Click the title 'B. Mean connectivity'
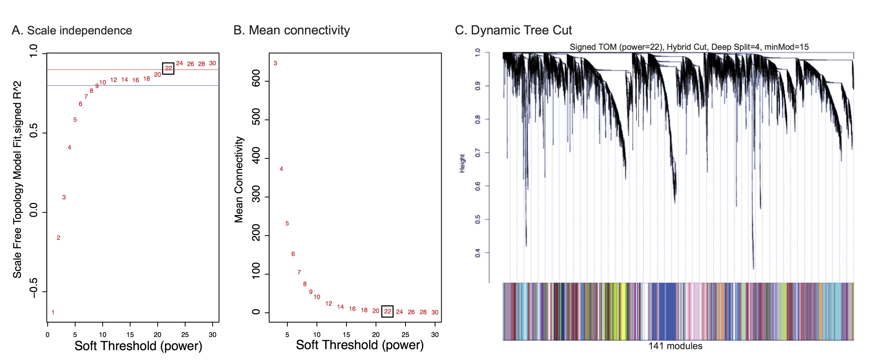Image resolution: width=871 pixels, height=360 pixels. pos(291,30)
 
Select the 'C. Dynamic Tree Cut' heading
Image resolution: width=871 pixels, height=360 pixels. pos(513,30)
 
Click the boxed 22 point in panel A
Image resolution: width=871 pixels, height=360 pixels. pos(168,68)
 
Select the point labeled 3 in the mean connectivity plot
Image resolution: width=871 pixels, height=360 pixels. pos(275,63)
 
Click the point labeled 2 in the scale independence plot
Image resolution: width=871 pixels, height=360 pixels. pos(58,238)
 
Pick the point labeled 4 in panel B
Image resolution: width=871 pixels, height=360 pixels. pos(281,169)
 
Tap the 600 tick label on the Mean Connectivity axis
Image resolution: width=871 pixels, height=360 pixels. pos(256,78)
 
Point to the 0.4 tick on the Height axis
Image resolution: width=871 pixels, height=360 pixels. pos(477,252)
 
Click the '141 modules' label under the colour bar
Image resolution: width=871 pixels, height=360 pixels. pos(675,346)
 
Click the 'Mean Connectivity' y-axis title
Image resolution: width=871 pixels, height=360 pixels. pos(239,179)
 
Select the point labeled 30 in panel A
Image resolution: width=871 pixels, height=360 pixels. pos(212,63)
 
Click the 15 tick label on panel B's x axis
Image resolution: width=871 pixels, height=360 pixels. pos(346,335)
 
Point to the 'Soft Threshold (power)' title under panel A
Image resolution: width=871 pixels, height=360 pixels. pos(138,346)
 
